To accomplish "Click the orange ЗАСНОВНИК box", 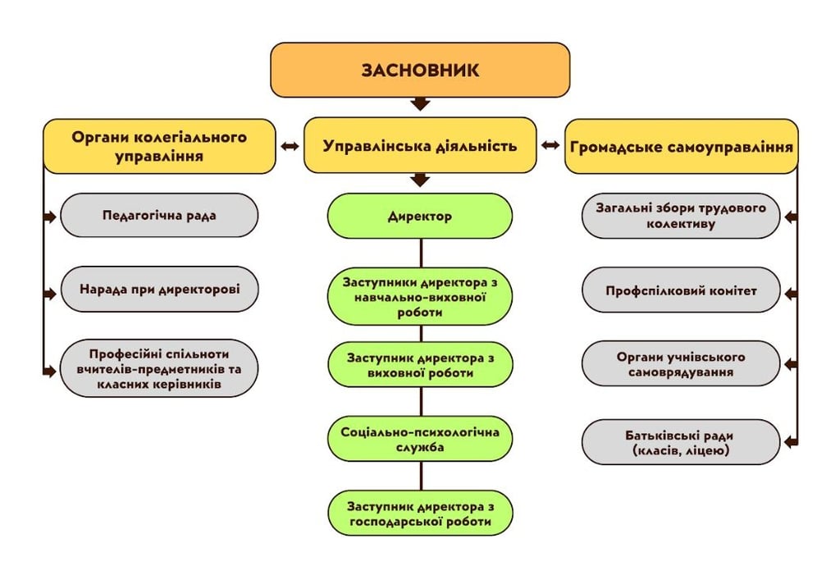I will click(x=420, y=70).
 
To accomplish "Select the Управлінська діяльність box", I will click(x=420, y=146).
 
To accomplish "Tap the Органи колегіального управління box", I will click(x=159, y=146).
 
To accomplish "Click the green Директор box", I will click(x=420, y=217).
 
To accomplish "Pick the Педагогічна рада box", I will click(x=159, y=216).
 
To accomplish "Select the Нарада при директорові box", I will click(x=159, y=289).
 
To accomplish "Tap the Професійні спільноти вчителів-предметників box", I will click(x=159, y=368).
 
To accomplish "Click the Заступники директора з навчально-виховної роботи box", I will click(x=420, y=296).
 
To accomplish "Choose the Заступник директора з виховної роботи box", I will click(x=420, y=365).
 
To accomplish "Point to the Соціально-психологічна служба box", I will click(x=420, y=439).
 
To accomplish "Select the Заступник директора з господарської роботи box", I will click(x=420, y=513).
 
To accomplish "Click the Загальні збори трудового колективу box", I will click(x=681, y=216).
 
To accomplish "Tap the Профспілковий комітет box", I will click(x=681, y=290).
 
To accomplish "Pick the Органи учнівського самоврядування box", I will click(x=681, y=364).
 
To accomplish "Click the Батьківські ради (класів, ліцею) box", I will click(x=681, y=443).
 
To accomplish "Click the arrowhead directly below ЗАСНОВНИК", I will click(x=420, y=104).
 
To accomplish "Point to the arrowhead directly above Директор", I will click(x=420, y=180).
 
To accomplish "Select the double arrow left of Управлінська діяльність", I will click(x=290, y=146).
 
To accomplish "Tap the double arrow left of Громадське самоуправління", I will click(x=550, y=146).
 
